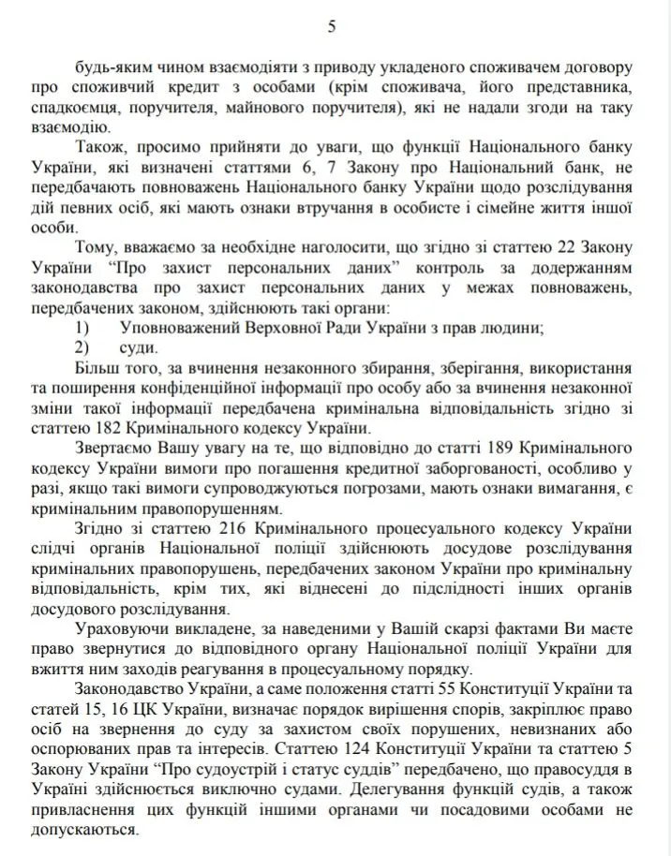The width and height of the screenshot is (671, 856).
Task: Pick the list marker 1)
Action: [x=82, y=327]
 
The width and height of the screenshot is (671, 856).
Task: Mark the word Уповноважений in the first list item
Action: [x=178, y=327]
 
